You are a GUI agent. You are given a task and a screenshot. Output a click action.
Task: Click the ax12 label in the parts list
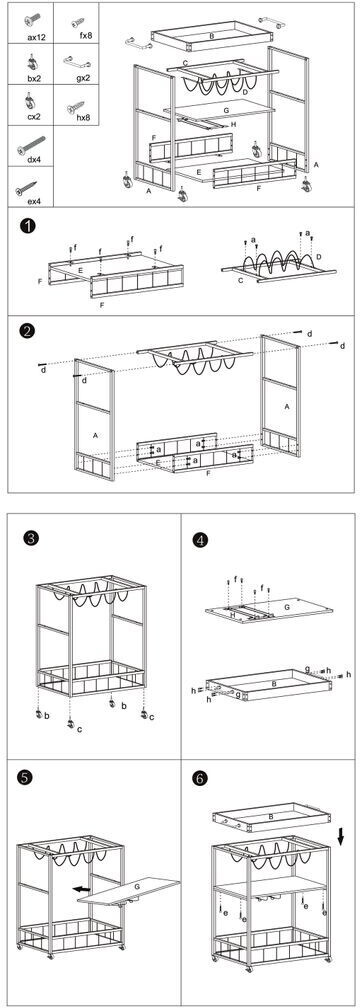coord(35,37)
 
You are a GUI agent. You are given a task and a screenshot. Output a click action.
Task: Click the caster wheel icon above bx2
coord(31,62)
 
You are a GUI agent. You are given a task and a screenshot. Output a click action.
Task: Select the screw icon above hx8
coord(76,107)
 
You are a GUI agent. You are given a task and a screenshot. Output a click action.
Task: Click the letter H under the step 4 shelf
coord(233,613)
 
